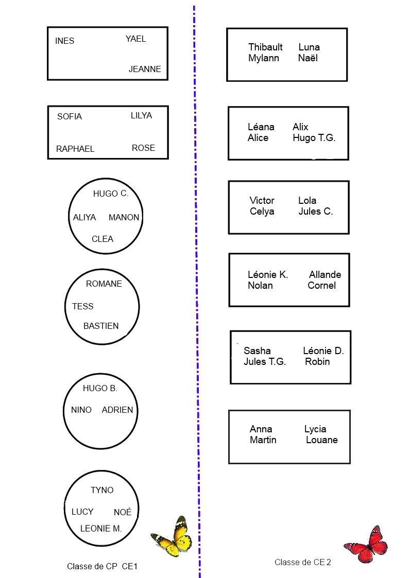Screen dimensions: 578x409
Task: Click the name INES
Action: (65, 41)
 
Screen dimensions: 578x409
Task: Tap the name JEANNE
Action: (145, 69)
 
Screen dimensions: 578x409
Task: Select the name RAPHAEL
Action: (75, 149)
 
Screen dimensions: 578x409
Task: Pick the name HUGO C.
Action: (110, 194)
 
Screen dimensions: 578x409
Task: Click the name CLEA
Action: (103, 239)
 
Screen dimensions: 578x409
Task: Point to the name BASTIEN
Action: (101, 326)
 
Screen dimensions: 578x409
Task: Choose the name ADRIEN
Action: (117, 410)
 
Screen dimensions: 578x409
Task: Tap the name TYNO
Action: (102, 490)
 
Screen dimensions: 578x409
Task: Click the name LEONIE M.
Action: (101, 528)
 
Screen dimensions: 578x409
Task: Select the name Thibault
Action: (265, 47)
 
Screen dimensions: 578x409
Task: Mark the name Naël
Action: (308, 58)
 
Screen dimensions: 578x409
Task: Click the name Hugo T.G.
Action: (314, 138)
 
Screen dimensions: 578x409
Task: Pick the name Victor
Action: (262, 200)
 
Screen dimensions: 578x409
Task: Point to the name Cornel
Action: (321, 286)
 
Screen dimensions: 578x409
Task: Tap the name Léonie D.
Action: (323, 351)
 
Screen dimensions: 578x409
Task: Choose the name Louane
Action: (321, 440)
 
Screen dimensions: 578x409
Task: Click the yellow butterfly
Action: (173, 537)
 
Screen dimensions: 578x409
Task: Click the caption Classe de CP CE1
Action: (102, 566)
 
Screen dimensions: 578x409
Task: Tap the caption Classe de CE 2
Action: (302, 562)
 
